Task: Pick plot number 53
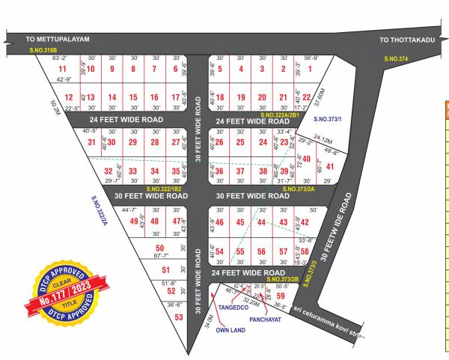[x=179, y=317]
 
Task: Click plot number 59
[x=281, y=296]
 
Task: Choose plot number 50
[x=159, y=248]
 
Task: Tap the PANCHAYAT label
[x=267, y=318]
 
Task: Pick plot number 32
[x=109, y=171]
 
